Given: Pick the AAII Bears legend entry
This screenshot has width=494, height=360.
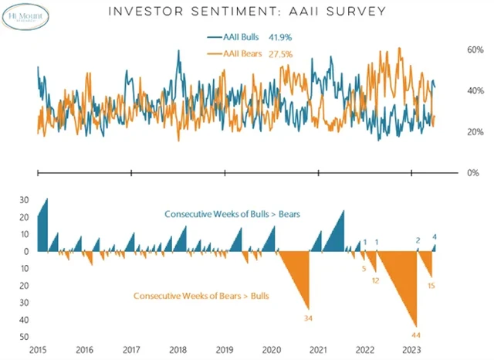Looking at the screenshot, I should (236, 53).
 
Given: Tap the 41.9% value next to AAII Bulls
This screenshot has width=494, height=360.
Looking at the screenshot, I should (279, 36).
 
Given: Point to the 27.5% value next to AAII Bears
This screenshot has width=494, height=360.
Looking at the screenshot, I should (279, 53).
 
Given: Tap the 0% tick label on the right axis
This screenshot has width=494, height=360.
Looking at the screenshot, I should (474, 173).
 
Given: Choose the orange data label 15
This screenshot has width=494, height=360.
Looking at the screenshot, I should (431, 286).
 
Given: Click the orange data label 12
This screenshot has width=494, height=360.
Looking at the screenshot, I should (375, 280).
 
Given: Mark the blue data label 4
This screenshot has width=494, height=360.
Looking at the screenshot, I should (435, 237).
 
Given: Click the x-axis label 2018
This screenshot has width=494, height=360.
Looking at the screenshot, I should (178, 349).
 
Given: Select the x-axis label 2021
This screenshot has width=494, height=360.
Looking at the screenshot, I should (318, 349).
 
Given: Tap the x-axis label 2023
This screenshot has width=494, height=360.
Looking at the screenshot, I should (411, 349).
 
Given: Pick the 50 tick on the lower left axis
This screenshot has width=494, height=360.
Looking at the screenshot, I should (24, 337).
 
